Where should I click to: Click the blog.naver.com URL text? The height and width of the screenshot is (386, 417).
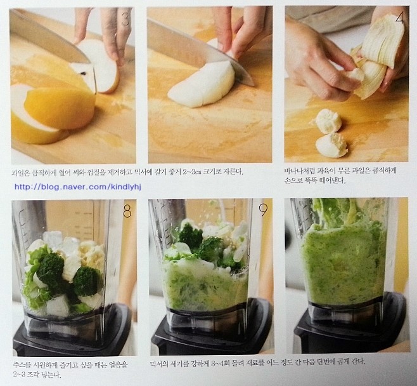tap(78, 187)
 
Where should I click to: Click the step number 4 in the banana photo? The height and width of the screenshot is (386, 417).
tap(400, 18)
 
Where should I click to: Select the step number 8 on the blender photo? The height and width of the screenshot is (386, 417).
tap(127, 212)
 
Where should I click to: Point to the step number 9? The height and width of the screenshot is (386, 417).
tap(263, 210)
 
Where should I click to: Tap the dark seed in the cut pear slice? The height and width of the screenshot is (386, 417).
tap(84, 73)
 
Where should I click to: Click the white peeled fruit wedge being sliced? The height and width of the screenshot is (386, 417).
tap(202, 84)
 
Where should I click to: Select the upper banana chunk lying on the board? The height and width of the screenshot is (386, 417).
tap(327, 121)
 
